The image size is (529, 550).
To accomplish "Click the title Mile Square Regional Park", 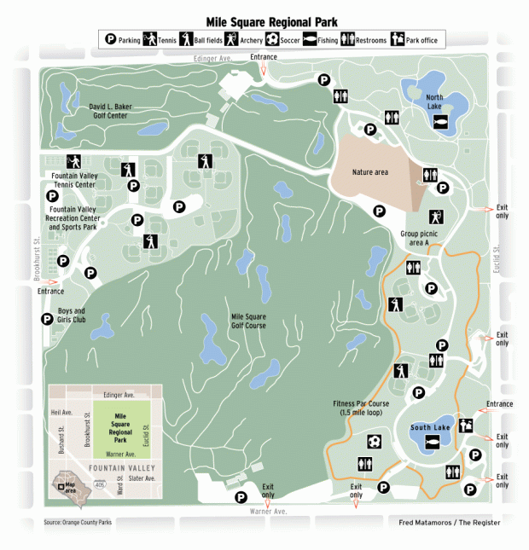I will coord(264,21).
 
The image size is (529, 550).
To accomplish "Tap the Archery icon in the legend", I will coord(230,39).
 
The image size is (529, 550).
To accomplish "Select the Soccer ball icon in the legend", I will coord(272,39).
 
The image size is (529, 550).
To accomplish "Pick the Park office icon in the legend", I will coord(398,39).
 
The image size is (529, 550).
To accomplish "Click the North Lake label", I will coord(440,101).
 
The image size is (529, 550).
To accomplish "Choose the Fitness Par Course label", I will coord(362,408).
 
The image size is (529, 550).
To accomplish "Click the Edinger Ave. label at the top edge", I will coord(213,59).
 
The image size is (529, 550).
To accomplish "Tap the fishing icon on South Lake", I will coord(432,442).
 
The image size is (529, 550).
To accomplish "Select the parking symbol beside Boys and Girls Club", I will coord(47,319).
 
